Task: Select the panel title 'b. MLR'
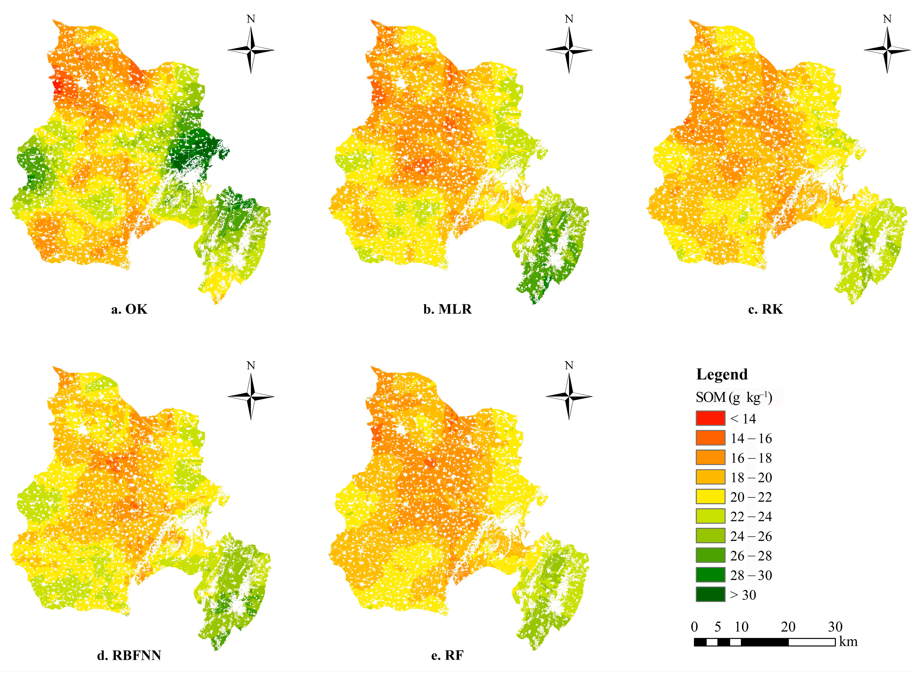click(x=447, y=309)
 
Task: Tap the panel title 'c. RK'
click(x=765, y=309)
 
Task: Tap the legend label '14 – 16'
click(x=751, y=439)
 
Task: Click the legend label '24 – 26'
click(x=751, y=536)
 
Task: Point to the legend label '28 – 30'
click(x=751, y=575)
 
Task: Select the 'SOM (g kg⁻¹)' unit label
click(x=734, y=397)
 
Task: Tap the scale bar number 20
click(x=788, y=627)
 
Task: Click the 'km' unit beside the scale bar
click(x=848, y=642)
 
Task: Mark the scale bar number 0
click(x=694, y=627)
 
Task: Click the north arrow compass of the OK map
click(x=251, y=50)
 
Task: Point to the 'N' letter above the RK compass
click(x=887, y=19)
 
